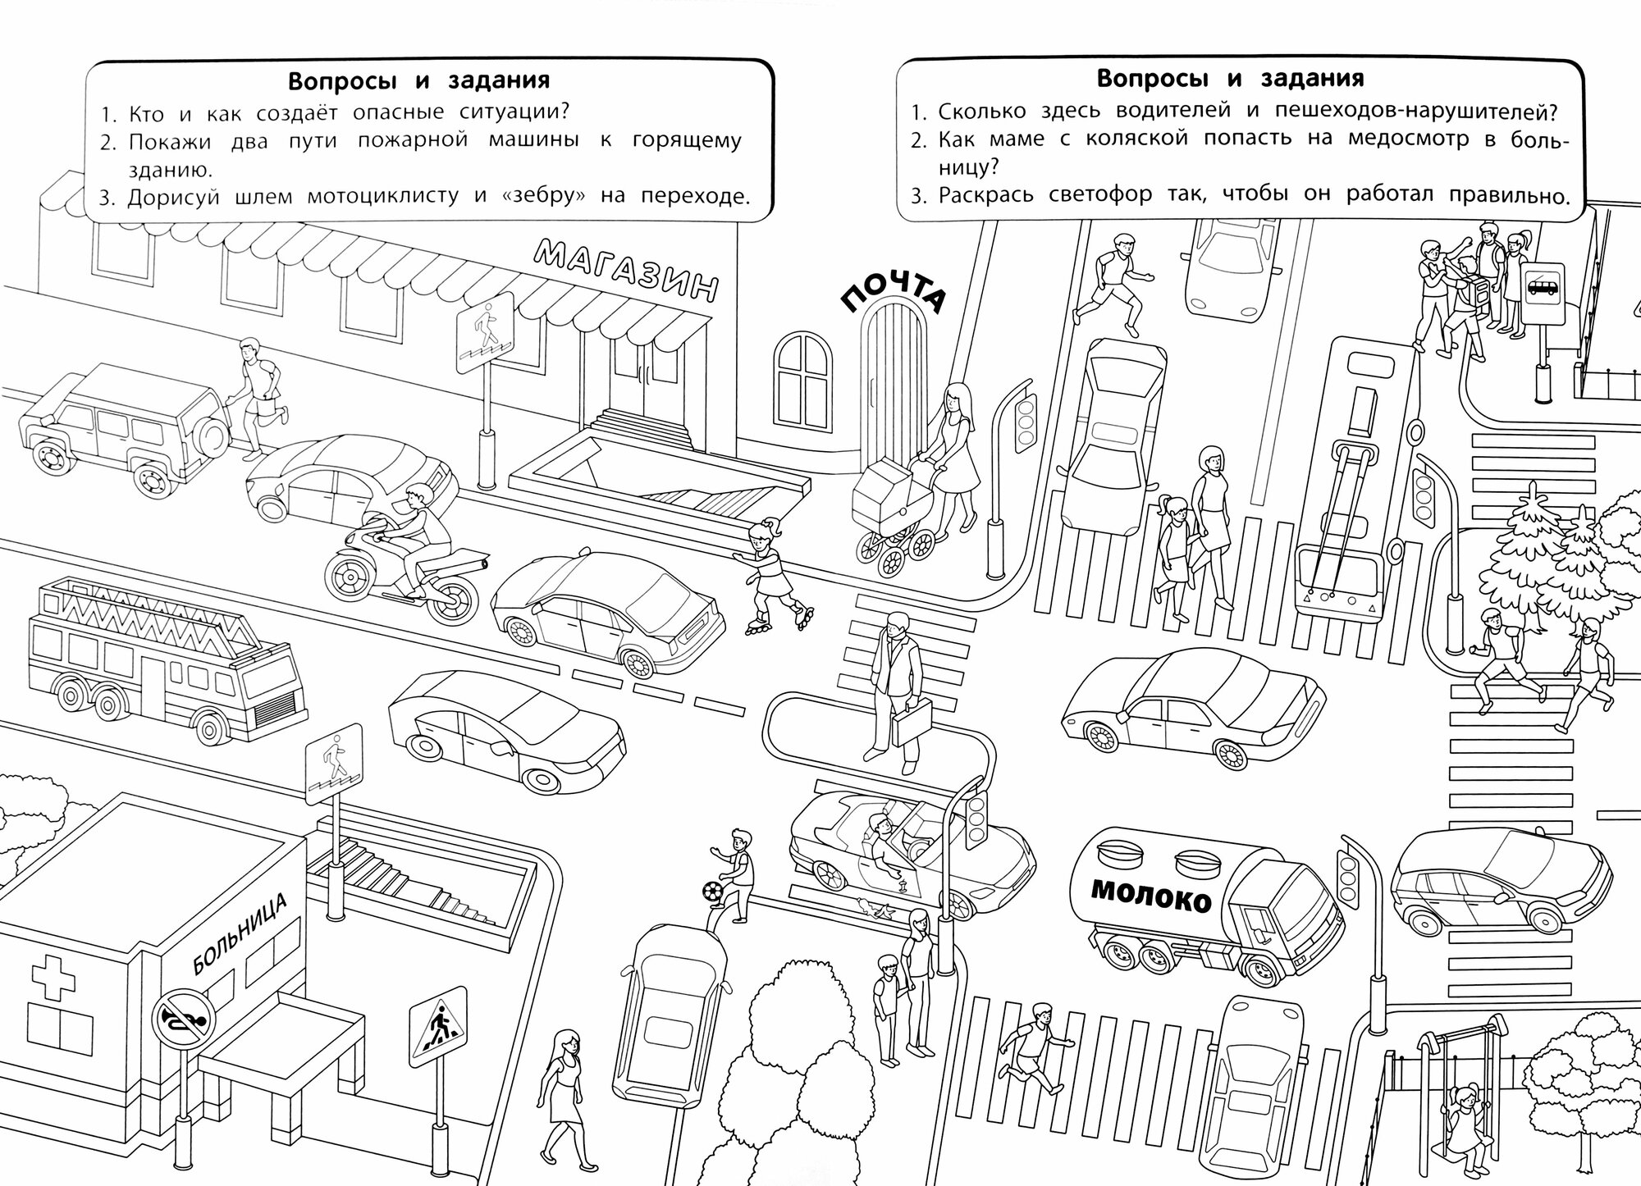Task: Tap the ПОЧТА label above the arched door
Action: coord(894,294)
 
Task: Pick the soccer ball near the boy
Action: coord(711,891)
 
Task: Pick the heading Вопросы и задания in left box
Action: coord(418,81)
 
